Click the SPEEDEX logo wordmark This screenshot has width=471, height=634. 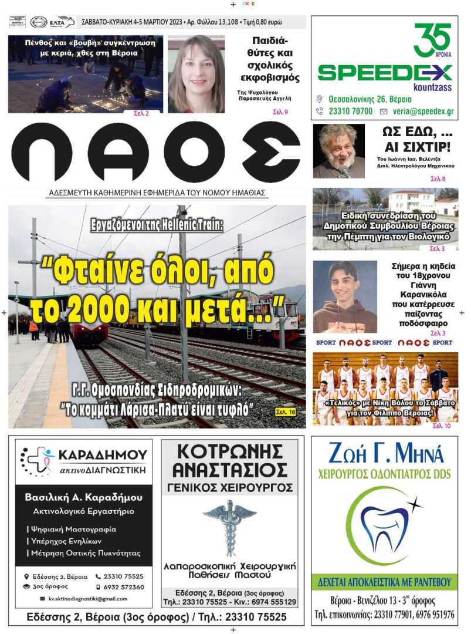385,73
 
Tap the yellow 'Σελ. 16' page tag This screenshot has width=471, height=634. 286,412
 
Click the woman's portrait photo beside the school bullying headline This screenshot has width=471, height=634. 196,74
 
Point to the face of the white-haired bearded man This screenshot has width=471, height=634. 337,149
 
